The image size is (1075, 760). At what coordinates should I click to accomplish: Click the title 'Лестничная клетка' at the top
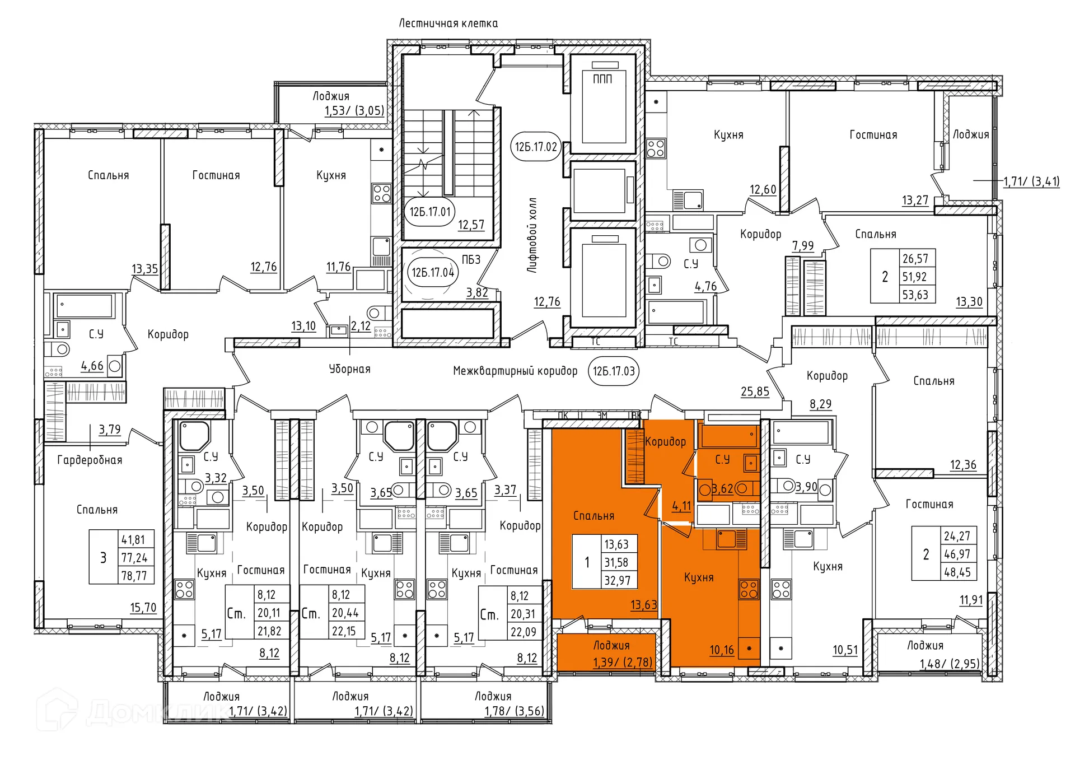(x=448, y=24)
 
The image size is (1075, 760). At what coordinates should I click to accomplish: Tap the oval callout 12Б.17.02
(x=536, y=147)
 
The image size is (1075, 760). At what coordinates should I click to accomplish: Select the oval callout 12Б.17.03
(x=614, y=371)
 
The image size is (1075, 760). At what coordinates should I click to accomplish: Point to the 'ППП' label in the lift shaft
(x=602, y=79)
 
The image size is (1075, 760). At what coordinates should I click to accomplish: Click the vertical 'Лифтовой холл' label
(x=532, y=235)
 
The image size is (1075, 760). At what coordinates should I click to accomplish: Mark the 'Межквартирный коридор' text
(x=515, y=371)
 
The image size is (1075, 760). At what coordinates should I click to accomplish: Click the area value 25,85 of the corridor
(x=755, y=391)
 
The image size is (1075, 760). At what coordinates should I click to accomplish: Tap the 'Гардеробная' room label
(x=90, y=460)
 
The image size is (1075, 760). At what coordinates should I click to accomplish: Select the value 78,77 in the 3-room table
(x=134, y=576)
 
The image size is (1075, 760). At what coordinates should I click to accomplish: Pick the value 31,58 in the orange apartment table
(x=616, y=562)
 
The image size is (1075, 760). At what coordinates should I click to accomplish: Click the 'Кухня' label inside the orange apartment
(x=699, y=577)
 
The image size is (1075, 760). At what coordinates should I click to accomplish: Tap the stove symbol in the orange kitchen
(x=749, y=589)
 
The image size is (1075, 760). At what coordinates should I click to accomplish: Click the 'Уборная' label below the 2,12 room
(x=349, y=369)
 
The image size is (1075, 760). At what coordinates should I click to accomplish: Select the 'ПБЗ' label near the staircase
(x=471, y=260)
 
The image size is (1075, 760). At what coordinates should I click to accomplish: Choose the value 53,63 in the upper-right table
(x=915, y=295)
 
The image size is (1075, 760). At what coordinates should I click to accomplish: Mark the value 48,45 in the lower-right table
(x=957, y=572)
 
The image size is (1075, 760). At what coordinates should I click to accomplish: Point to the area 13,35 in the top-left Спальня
(x=144, y=269)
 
